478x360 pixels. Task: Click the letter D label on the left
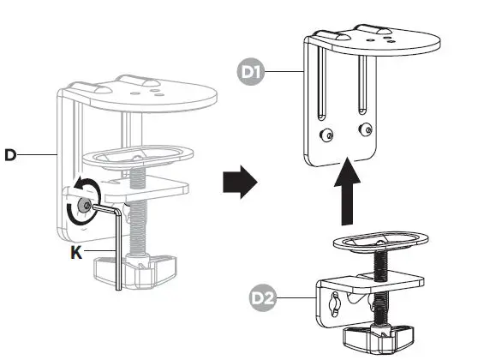pyautogui.click(x=10, y=154)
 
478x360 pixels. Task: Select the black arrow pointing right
pyautogui.click(x=239, y=183)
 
